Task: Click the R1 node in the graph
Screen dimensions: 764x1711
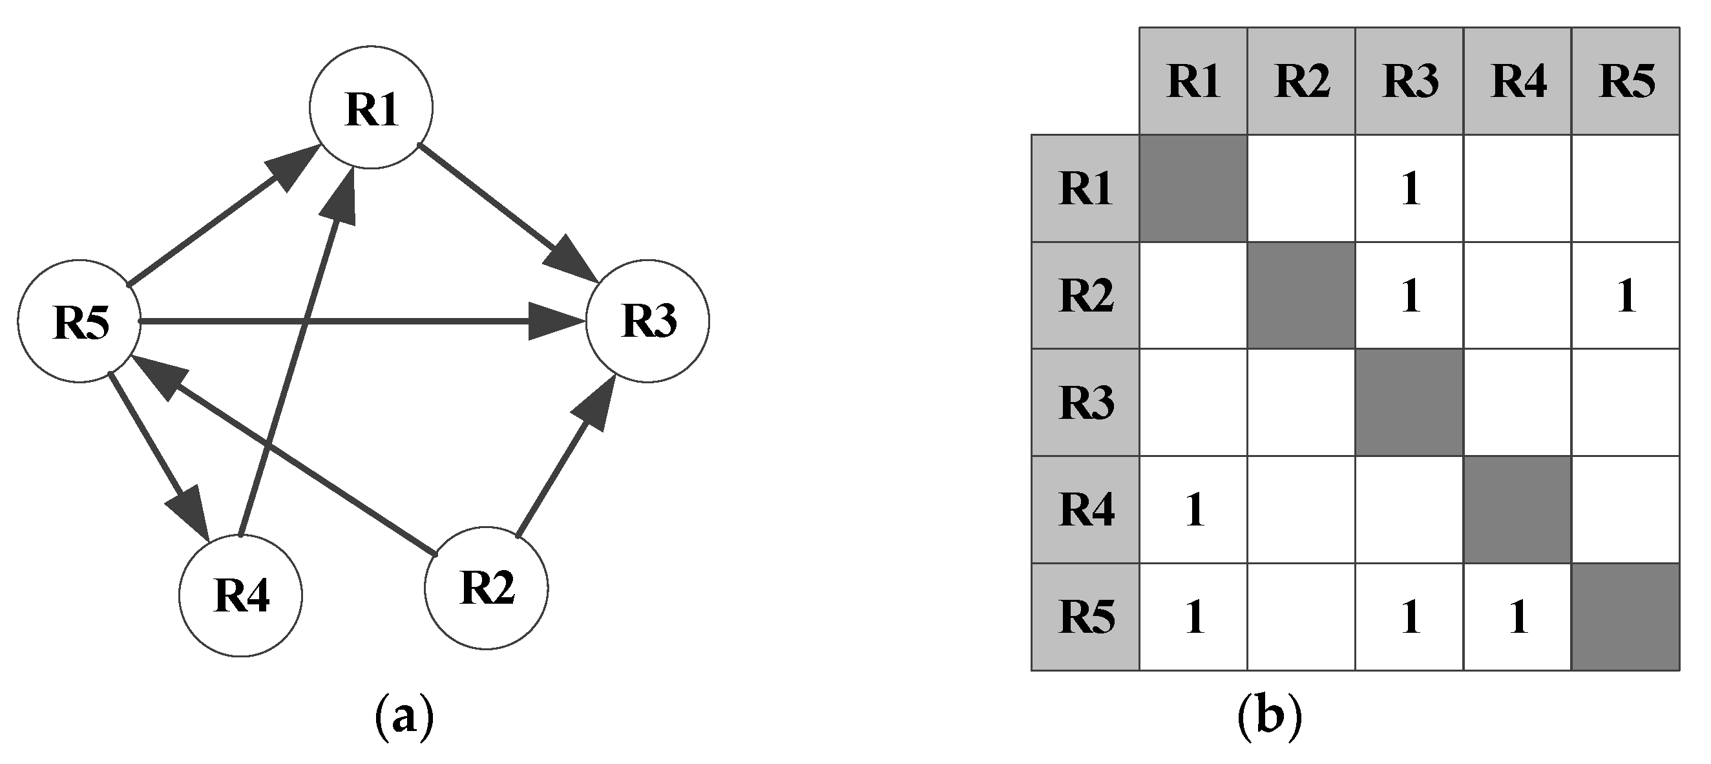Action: [x=371, y=108]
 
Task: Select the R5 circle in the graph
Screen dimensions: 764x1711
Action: [x=79, y=321]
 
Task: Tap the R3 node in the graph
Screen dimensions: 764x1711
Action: [x=647, y=321]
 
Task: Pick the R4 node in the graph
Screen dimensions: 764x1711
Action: [x=240, y=595]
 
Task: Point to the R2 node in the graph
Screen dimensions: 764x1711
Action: [x=486, y=588]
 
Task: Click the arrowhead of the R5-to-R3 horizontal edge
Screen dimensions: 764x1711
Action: [x=554, y=321]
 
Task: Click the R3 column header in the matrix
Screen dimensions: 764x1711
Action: [x=1409, y=81]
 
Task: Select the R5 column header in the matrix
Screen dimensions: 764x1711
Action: [x=1625, y=81]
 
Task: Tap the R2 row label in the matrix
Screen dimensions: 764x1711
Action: [x=1086, y=295]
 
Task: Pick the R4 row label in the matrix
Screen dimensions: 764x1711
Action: [x=1086, y=510]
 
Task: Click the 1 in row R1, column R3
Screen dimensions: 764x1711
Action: [x=1409, y=189]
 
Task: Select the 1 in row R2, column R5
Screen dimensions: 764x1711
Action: [x=1625, y=295]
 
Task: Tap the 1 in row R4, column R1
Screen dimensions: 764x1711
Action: [x=1193, y=510]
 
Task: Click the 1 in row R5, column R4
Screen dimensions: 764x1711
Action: [x=1518, y=618]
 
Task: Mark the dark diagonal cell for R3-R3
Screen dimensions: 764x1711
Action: [x=1409, y=403]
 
